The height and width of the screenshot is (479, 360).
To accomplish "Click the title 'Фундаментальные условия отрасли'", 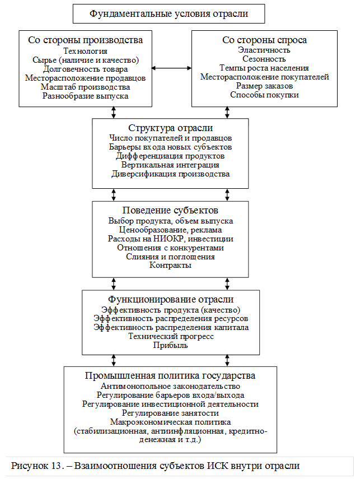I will pos(169,13).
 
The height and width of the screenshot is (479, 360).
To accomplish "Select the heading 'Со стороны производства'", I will pos(86,40).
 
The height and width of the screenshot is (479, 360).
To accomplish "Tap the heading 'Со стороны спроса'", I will pos(264,40).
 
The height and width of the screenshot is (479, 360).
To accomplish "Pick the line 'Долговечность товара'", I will pos(86,69).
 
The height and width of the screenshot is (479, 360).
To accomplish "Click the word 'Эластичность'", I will pos(264,50).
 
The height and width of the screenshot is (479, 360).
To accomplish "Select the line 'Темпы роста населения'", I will pos(264,68).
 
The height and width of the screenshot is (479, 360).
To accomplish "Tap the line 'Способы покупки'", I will pos(264,95).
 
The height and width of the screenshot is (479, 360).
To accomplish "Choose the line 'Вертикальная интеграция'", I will pos(170,165).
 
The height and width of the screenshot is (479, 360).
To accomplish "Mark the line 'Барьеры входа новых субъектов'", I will pos(170,146).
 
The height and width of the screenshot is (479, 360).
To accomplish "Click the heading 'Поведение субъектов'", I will pos(170,211).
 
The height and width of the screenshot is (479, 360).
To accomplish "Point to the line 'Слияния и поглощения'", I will pos(170,256).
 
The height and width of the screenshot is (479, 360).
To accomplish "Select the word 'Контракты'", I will pos(170,265).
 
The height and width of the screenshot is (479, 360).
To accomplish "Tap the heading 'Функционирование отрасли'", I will pos(170,299).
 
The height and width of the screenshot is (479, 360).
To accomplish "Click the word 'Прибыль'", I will pos(170,345).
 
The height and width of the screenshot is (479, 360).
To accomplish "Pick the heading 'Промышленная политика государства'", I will pos(170,375).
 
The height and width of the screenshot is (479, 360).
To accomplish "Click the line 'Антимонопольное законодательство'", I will pos(170,386).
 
